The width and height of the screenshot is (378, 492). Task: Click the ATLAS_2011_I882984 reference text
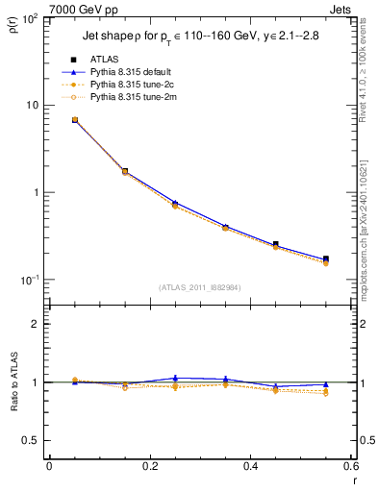click(199, 287)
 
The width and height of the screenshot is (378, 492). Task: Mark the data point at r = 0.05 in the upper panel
click(75, 120)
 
